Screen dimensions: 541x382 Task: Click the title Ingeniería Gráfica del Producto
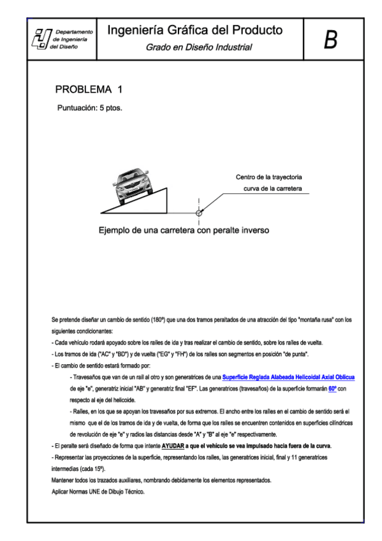coord(195,31)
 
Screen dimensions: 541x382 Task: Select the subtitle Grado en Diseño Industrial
coord(198,47)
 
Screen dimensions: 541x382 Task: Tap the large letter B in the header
coord(330,40)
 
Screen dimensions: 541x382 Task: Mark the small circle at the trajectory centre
coord(199,212)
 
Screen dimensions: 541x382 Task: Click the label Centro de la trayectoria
coord(268,177)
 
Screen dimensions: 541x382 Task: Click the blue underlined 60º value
coord(332,388)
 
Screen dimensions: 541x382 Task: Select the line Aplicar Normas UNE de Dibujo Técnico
coord(98,492)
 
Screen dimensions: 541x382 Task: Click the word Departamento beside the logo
coord(75,31)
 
